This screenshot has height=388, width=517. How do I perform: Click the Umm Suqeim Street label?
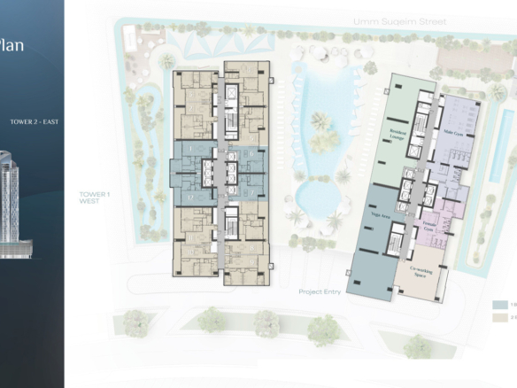397,20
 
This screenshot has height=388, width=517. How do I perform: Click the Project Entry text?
318,291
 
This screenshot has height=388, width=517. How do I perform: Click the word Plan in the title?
12,43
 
